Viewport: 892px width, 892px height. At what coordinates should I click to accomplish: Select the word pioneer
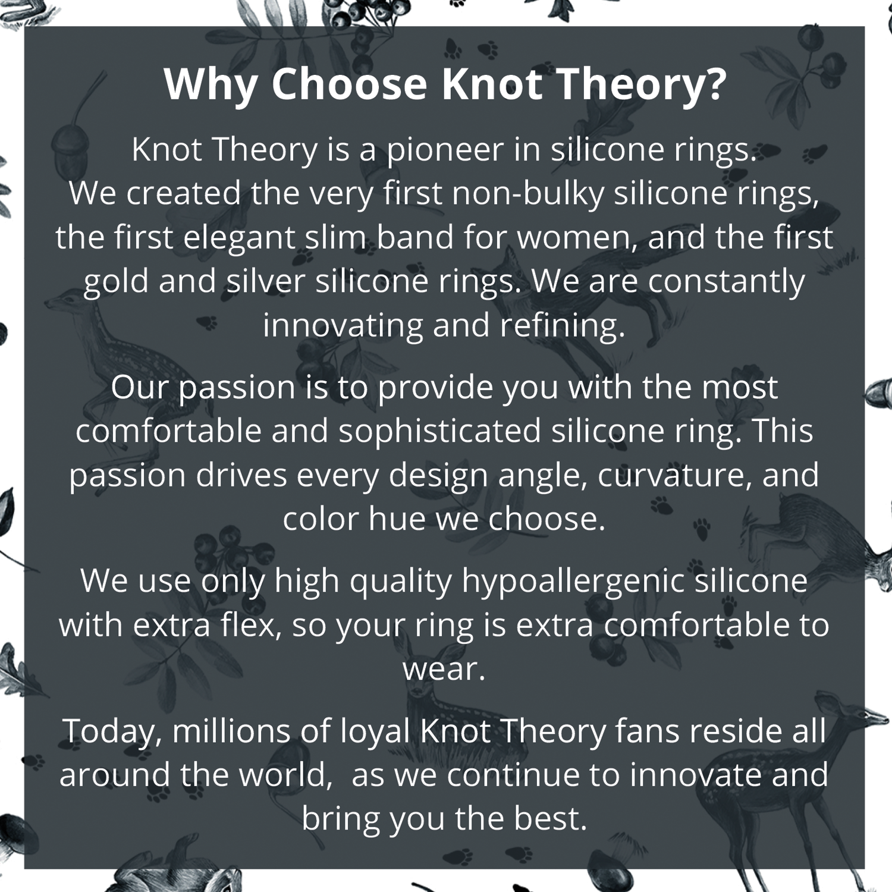tap(445, 150)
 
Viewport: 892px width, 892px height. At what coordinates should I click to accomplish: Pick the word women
tap(577, 238)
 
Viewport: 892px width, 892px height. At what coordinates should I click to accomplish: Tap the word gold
tap(116, 282)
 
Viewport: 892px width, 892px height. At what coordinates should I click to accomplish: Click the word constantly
tap(726, 282)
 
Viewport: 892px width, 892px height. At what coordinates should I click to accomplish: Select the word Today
tap(110, 732)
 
